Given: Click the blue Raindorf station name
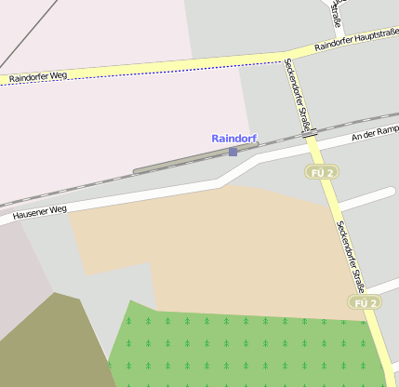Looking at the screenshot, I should (x=233, y=139).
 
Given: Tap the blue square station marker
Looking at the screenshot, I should (x=233, y=151).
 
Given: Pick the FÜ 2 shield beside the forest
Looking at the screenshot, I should (x=366, y=302).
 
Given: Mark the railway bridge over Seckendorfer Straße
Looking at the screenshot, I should (x=310, y=133).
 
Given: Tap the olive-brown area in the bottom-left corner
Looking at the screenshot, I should (x=47, y=344).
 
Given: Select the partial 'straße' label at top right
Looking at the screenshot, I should (x=337, y=20).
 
